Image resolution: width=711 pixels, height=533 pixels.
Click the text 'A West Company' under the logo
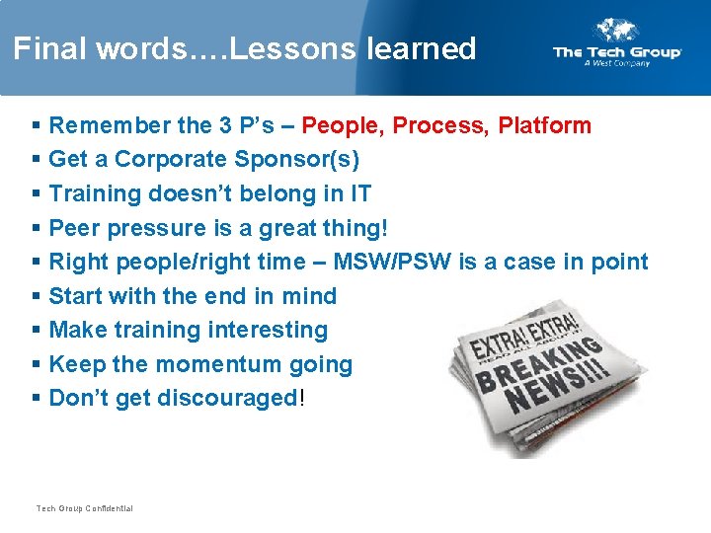pos(617,63)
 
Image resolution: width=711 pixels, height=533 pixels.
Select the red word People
pos(343,125)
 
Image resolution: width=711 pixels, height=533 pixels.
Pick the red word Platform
pos(544,125)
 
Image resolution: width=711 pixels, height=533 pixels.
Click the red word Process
pos(440,125)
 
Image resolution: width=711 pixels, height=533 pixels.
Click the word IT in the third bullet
pos(358,193)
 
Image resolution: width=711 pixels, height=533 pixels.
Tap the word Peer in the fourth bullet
pos(75,228)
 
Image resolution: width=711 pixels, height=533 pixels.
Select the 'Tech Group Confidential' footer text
pos(84,508)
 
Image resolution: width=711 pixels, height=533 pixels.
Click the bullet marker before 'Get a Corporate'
pos(37,160)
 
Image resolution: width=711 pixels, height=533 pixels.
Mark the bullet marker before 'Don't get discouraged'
pos(37,398)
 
